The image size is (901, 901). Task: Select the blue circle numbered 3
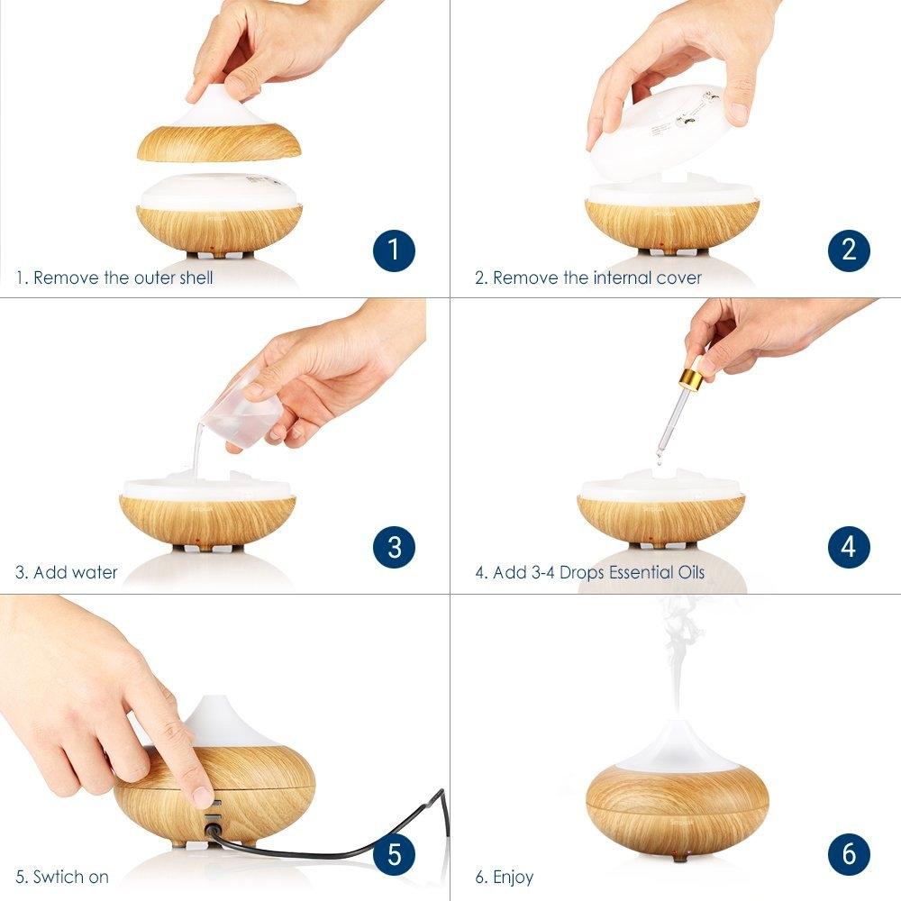tap(394, 546)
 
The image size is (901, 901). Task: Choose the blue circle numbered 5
tap(394, 852)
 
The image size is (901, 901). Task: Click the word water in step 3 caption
tap(95, 572)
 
